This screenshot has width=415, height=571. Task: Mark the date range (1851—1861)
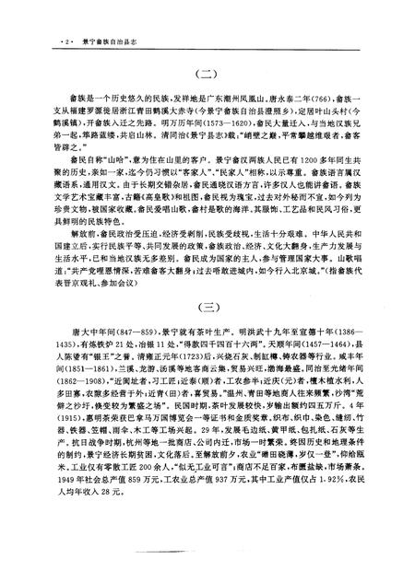click(x=87, y=414)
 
